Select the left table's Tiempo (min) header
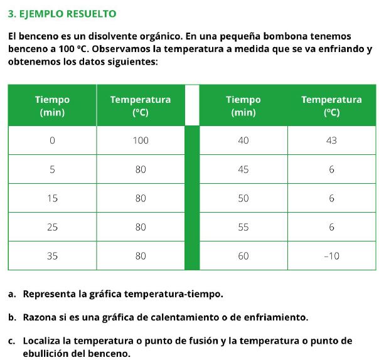[x=52, y=106]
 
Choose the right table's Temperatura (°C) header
[x=331, y=106]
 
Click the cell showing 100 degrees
[x=141, y=140]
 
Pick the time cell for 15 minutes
[x=52, y=198]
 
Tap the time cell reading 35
[x=52, y=256]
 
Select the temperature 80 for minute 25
[x=141, y=227]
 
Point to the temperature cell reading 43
[x=331, y=140]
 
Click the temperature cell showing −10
[x=331, y=256]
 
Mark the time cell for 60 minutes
[x=243, y=256]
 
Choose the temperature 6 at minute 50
[x=331, y=198]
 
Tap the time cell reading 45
[x=243, y=169]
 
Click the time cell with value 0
[x=52, y=140]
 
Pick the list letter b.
[x=12, y=317]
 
